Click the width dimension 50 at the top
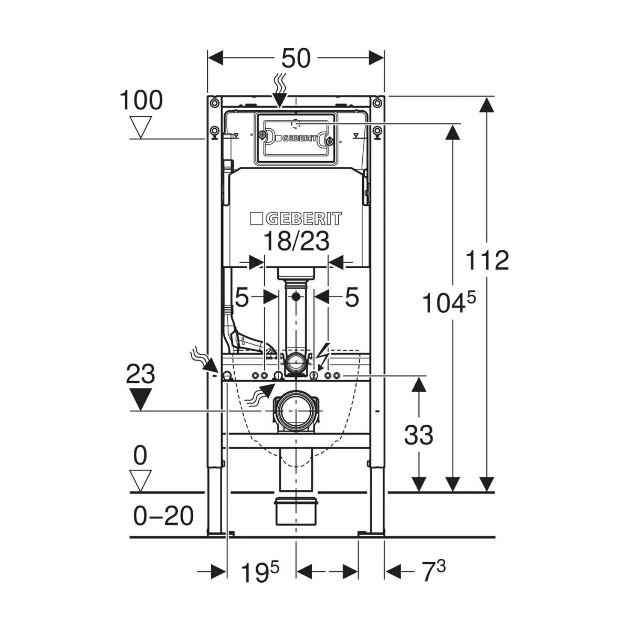click(x=296, y=58)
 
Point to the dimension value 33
click(x=418, y=435)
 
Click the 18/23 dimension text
click(x=296, y=241)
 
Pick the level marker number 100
click(x=141, y=101)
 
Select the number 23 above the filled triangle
click(x=141, y=375)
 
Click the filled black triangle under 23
click(x=141, y=400)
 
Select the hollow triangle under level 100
click(x=141, y=128)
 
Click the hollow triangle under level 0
click(x=141, y=479)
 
